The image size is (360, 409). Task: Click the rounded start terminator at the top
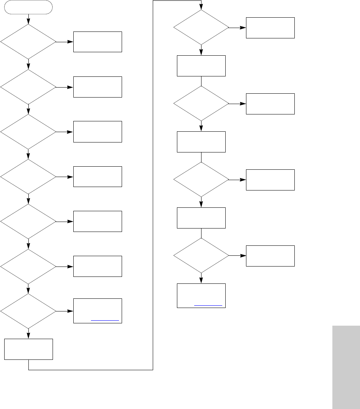click(x=28, y=7)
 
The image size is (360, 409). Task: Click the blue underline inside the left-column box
click(x=105, y=320)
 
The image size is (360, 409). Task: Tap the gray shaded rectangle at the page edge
click(x=346, y=367)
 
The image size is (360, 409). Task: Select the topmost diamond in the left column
click(x=28, y=42)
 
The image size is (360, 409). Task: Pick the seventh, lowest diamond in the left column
click(x=28, y=311)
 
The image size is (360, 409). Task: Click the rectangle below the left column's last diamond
click(x=28, y=349)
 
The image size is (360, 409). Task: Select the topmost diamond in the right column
click(x=201, y=28)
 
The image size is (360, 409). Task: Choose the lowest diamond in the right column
click(x=201, y=256)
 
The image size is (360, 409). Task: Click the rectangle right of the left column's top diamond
click(x=98, y=42)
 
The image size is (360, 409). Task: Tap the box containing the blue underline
click(x=98, y=311)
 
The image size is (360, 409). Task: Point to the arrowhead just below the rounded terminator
click(x=28, y=22)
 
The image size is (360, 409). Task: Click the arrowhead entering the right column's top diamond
click(x=201, y=7)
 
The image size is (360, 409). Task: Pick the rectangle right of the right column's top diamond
click(x=270, y=28)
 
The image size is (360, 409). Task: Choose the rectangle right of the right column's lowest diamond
click(x=270, y=256)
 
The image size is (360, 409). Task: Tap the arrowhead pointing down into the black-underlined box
click(x=201, y=281)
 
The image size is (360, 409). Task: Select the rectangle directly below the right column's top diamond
click(x=201, y=66)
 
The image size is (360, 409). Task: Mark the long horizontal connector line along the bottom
click(x=91, y=370)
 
